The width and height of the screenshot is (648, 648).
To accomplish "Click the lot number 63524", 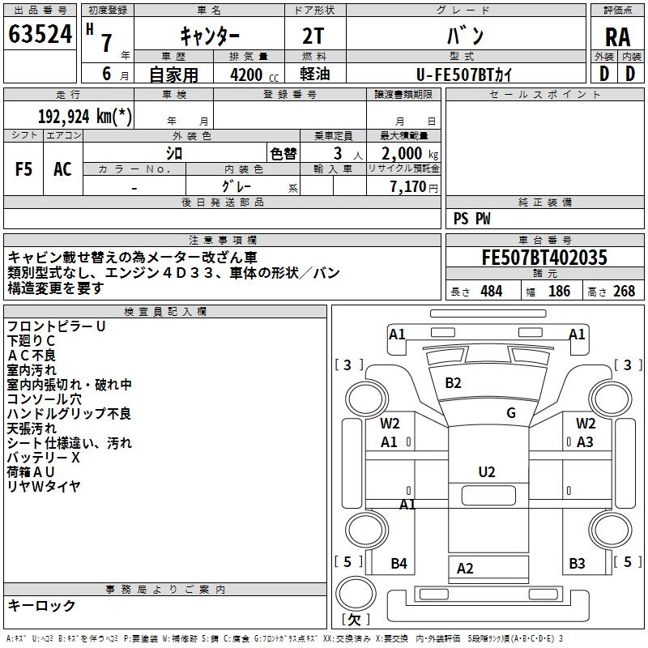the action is click(x=40, y=35).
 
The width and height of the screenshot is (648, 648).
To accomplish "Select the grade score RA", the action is click(x=617, y=36).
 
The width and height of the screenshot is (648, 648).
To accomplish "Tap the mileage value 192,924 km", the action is click(x=84, y=116).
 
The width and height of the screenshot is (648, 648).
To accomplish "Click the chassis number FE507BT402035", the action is click(x=544, y=258).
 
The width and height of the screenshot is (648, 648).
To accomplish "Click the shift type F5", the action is click(x=24, y=169).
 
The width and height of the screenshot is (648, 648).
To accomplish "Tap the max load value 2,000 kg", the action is click(x=405, y=154).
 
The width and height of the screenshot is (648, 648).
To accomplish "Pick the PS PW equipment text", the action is click(x=471, y=219).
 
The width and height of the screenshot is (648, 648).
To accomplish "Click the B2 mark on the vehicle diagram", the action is click(x=453, y=383).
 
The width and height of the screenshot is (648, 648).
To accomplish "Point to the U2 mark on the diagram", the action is click(x=486, y=472).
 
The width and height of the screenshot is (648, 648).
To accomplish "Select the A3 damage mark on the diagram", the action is click(x=585, y=442).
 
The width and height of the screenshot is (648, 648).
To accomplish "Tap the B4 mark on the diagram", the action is click(x=399, y=564).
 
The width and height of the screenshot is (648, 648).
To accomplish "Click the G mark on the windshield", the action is click(x=510, y=413).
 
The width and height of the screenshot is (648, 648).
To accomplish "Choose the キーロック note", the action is click(x=42, y=606).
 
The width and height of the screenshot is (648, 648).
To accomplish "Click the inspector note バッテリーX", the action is click(x=44, y=458).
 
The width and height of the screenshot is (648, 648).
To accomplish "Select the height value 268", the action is click(x=625, y=292).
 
